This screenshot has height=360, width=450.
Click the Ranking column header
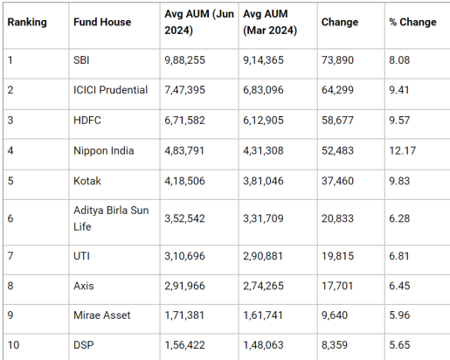[27, 22]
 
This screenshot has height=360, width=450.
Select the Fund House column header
[102, 22]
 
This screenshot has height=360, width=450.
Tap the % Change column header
[412, 22]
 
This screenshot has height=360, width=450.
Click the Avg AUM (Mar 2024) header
[270, 22]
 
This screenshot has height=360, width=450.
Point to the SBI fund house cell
[81, 60]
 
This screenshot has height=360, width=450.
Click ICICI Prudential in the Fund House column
[110, 90]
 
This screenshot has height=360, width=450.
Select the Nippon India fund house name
[104, 151]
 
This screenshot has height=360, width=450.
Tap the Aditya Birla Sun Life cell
[111, 218]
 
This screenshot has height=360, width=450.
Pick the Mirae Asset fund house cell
[102, 315]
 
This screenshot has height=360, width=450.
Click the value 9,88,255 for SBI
[184, 60]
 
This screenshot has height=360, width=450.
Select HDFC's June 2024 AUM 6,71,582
[184, 121]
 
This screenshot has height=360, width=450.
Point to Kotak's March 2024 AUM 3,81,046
[263, 181]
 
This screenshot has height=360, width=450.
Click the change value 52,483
[337, 151]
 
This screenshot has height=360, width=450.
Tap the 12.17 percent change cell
[403, 151]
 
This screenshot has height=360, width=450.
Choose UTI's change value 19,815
[337, 256]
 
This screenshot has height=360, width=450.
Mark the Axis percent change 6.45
[399, 286]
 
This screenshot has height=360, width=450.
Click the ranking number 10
[13, 345]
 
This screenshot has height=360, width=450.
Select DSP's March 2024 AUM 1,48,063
[263, 345]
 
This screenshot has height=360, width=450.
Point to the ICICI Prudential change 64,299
[337, 90]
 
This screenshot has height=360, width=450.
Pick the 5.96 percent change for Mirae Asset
[399, 315]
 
